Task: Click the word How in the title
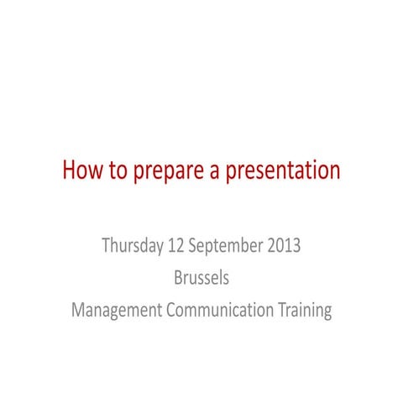tap(81, 171)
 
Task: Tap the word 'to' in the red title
tap(118, 171)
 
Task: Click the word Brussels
tap(201, 278)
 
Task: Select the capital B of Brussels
tap(177, 278)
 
